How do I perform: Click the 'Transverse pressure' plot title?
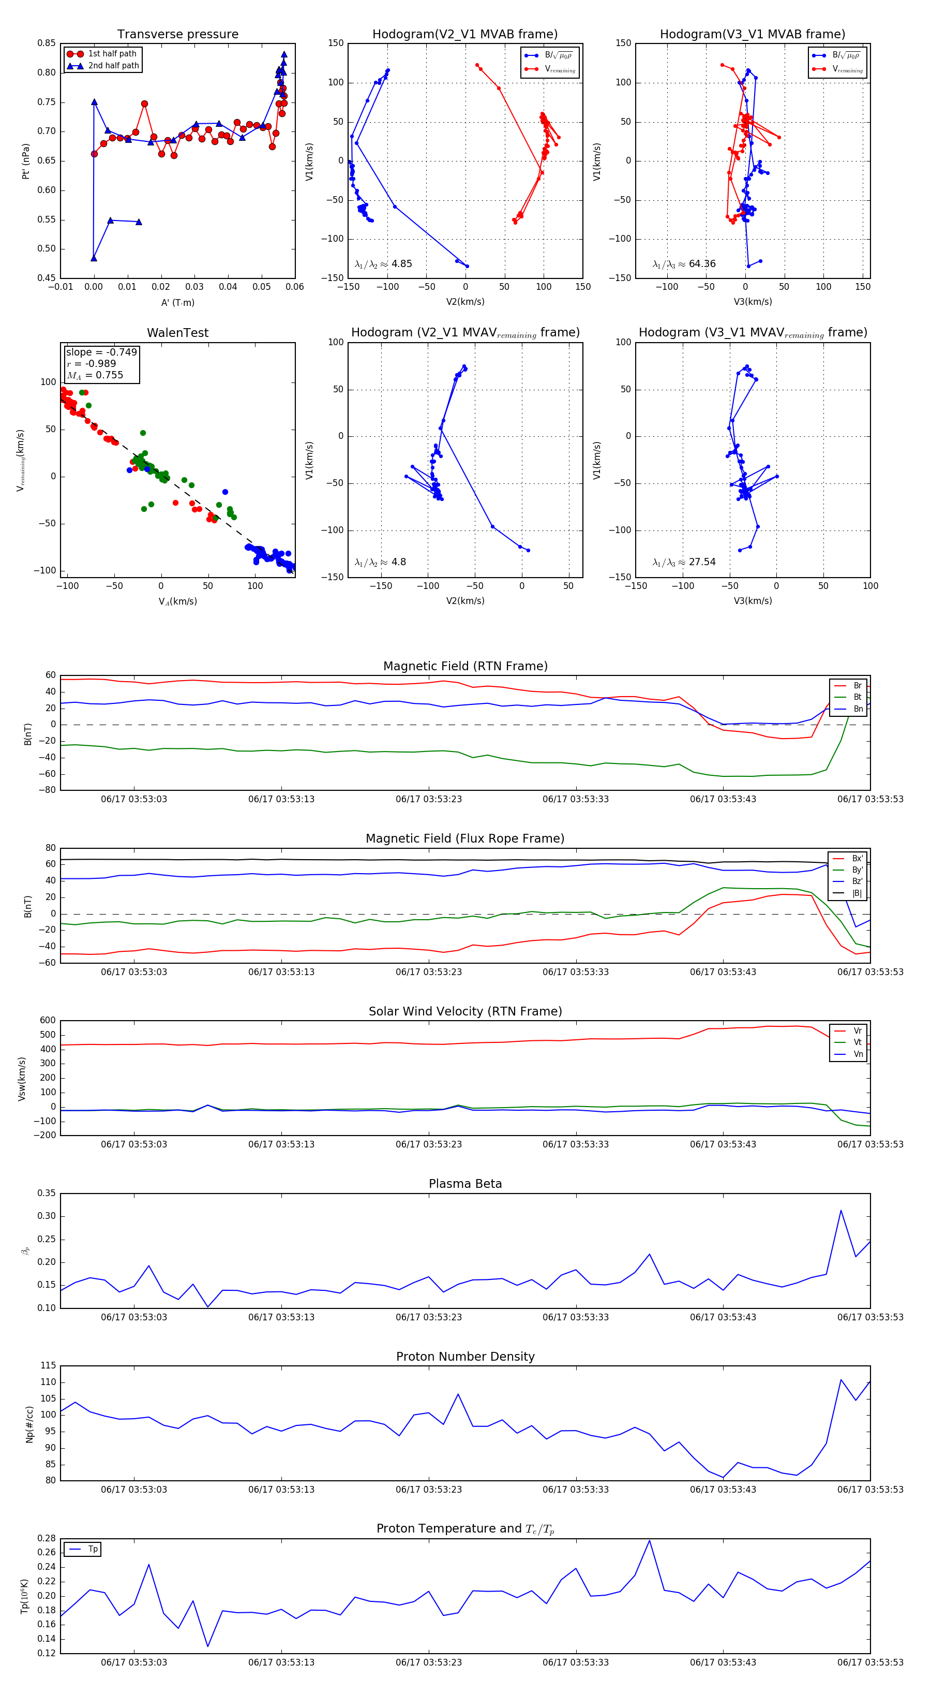point(177,35)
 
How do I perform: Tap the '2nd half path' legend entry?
point(113,66)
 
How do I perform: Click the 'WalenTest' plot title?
point(177,333)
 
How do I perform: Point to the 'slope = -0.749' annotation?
point(101,352)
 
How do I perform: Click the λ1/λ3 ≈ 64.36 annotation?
point(684,264)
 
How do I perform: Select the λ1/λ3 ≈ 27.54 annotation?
point(684,562)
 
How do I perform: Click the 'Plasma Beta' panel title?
point(465,1184)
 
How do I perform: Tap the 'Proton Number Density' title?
point(465,1357)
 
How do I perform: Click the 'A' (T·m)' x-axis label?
point(177,303)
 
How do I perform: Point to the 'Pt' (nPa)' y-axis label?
point(26,161)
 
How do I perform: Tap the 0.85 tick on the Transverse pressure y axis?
point(47,43)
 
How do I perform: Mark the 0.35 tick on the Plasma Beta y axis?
point(47,1193)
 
